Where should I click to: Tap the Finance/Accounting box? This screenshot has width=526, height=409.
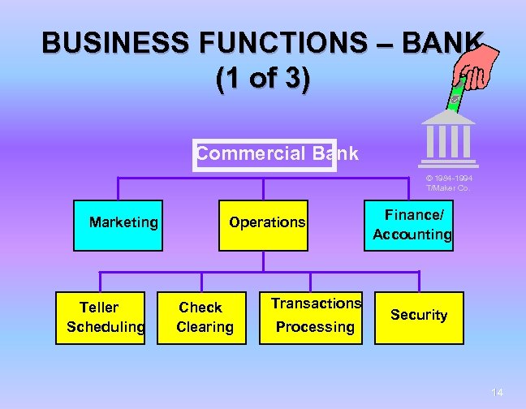click(412, 225)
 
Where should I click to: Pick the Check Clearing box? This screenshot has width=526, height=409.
click(205, 317)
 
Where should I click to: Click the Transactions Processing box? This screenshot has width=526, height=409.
click(316, 317)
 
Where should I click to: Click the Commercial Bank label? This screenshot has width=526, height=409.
click(276, 154)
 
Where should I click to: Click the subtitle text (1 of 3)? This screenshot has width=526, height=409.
click(262, 80)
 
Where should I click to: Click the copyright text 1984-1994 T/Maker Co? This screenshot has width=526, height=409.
click(449, 183)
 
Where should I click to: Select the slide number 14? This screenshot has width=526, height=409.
click(497, 393)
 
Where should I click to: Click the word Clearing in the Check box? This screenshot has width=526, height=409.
click(205, 327)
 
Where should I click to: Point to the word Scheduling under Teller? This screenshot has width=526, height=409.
click(106, 327)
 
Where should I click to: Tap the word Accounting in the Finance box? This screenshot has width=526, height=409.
click(412, 235)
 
